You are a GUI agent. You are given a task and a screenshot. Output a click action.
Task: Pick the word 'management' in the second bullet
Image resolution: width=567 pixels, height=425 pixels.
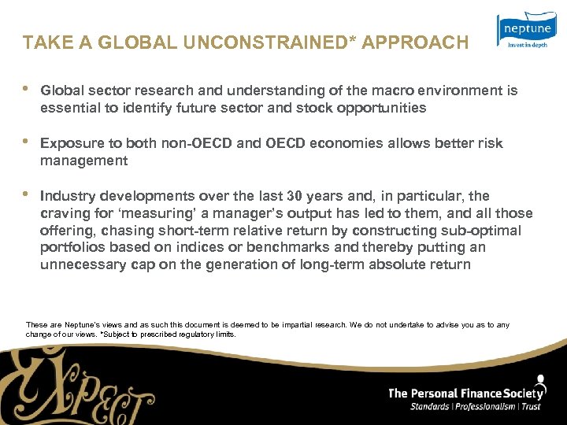pyautogui.click(x=83, y=161)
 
